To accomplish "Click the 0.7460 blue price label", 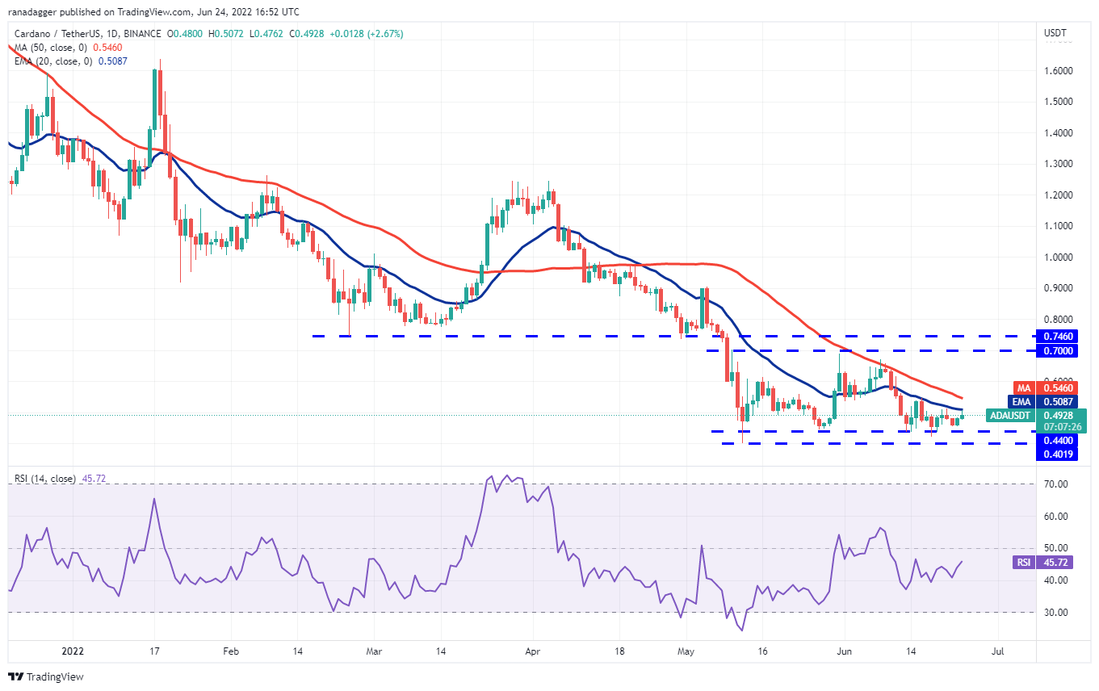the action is tap(1057, 336).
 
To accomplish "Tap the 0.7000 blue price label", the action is tap(1057, 350).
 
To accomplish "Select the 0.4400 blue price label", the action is tap(1057, 441).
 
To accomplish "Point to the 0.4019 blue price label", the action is tap(1057, 454).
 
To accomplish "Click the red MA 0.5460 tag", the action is tap(1046, 388).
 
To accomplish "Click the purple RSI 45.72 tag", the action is tap(1042, 562).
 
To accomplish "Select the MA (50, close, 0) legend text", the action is tap(51, 48).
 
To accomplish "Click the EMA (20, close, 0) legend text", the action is tap(53, 61).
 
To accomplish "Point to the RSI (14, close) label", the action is tap(45, 479).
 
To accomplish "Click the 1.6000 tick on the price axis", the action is tap(1058, 70).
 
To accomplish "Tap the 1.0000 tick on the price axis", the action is tap(1058, 257).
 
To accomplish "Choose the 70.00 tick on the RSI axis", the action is tap(1055, 484).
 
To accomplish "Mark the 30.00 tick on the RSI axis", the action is tap(1055, 612).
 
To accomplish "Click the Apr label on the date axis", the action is tap(532, 651).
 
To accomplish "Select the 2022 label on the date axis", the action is tap(73, 651).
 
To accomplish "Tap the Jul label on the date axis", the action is tap(997, 651).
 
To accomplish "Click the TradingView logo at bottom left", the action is tap(46, 676).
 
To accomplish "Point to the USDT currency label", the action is tap(1055, 33).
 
